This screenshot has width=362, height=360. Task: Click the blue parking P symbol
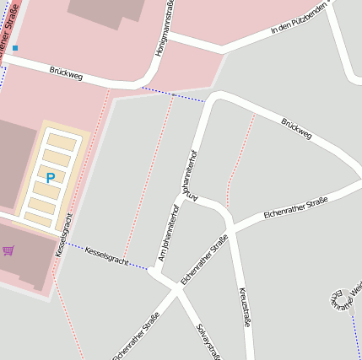pos(50,178)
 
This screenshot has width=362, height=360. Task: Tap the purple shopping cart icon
pos(8,250)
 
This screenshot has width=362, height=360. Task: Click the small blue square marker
pos(14,48)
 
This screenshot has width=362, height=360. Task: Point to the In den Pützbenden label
pos(297,19)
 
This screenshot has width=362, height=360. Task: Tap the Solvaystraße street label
pos(208,341)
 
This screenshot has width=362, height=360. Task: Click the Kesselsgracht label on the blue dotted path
pos(106,256)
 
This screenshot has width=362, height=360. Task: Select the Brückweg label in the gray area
pos(296,128)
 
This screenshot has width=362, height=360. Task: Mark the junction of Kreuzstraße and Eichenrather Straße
pos(230,228)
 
